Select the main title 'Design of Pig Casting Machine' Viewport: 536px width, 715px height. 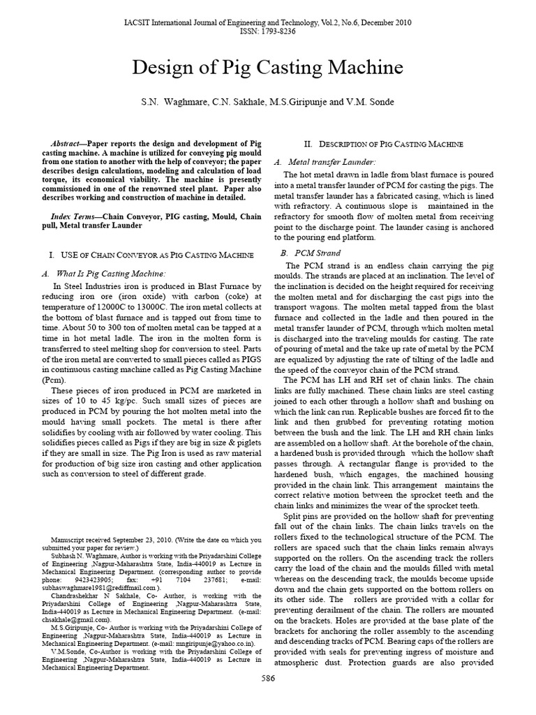click(268, 68)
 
